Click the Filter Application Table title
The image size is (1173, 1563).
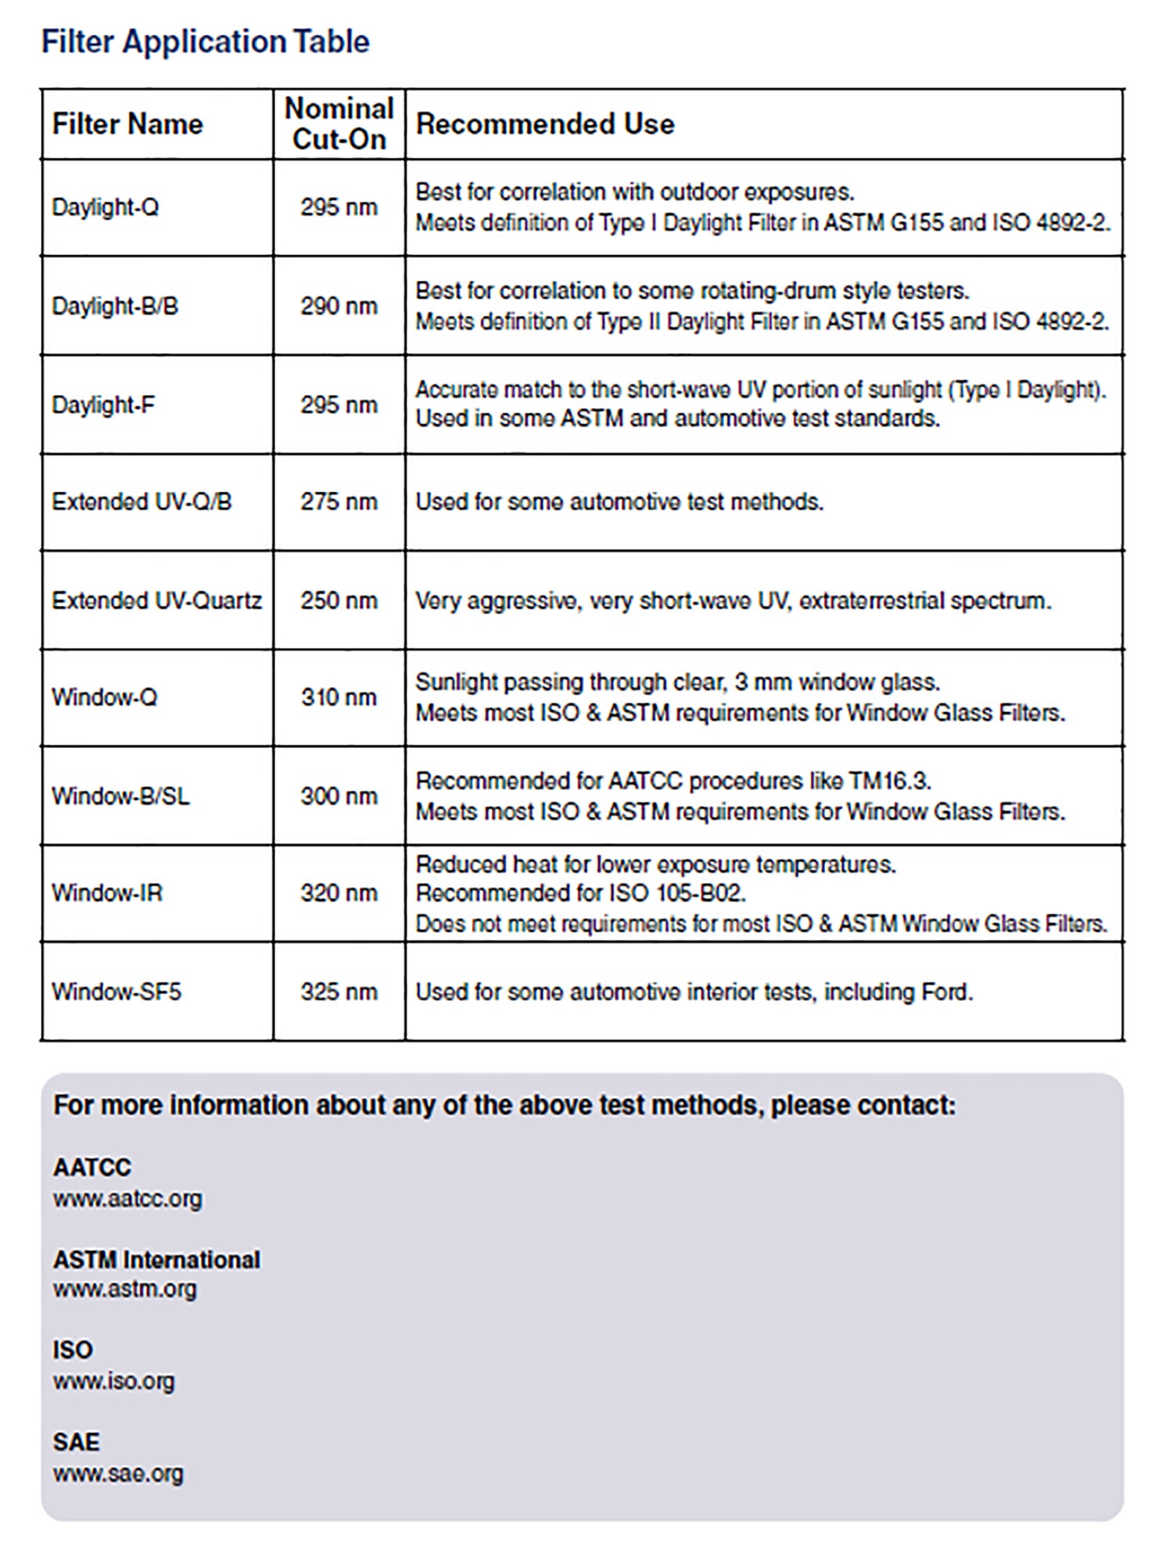[x=205, y=41]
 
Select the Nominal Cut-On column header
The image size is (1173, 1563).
[x=339, y=123]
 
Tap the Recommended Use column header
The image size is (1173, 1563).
[x=544, y=123]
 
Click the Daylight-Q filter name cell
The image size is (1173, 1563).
[x=105, y=207]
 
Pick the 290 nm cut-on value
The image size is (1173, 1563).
[x=339, y=306]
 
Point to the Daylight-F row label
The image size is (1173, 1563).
[x=102, y=405]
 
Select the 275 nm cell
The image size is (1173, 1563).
[x=339, y=502]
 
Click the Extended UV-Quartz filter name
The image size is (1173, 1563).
[x=156, y=600]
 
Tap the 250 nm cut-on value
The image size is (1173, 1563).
[x=339, y=600]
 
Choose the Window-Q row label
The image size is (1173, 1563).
[x=104, y=697]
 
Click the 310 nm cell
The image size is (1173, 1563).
[x=339, y=697]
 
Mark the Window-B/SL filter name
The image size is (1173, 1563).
[x=120, y=796]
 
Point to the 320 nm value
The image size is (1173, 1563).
[x=339, y=892]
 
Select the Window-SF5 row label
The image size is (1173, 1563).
[x=116, y=992]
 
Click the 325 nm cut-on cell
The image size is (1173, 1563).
[x=339, y=992]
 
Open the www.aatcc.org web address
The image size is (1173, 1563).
[x=127, y=1198]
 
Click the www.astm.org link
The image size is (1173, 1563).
[x=124, y=1289]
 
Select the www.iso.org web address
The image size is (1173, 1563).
[x=113, y=1381]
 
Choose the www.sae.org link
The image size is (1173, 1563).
[x=118, y=1473]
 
